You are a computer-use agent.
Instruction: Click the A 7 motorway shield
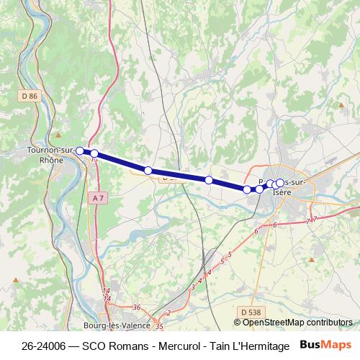(99, 197)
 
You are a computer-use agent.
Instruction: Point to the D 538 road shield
(250, 311)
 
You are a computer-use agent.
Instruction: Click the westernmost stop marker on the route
(80, 151)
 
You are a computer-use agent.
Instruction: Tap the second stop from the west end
(94, 153)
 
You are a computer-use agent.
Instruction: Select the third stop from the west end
(148, 171)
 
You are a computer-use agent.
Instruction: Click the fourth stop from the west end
(208, 180)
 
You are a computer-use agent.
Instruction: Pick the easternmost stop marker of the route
(279, 184)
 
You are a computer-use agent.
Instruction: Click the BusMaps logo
(325, 345)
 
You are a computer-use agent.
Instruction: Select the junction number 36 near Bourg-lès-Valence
(137, 307)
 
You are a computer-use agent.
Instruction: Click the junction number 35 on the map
(159, 326)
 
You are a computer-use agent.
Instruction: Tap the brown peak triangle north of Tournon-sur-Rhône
(58, 135)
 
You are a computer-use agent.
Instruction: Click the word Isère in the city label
(282, 192)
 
